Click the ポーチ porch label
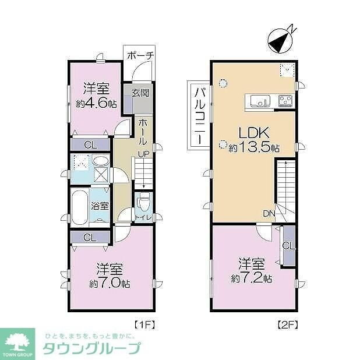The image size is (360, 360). tap(140, 55)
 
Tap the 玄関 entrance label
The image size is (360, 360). tap(139, 93)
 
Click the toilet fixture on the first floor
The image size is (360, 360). tap(143, 203)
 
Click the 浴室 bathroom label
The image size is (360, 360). tap(100, 205)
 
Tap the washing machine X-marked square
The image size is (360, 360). tap(101, 174)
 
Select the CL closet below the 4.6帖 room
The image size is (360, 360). tap(90, 144)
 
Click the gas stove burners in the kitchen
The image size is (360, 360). tap(285, 101)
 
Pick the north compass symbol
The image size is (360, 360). tap(280, 40)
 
